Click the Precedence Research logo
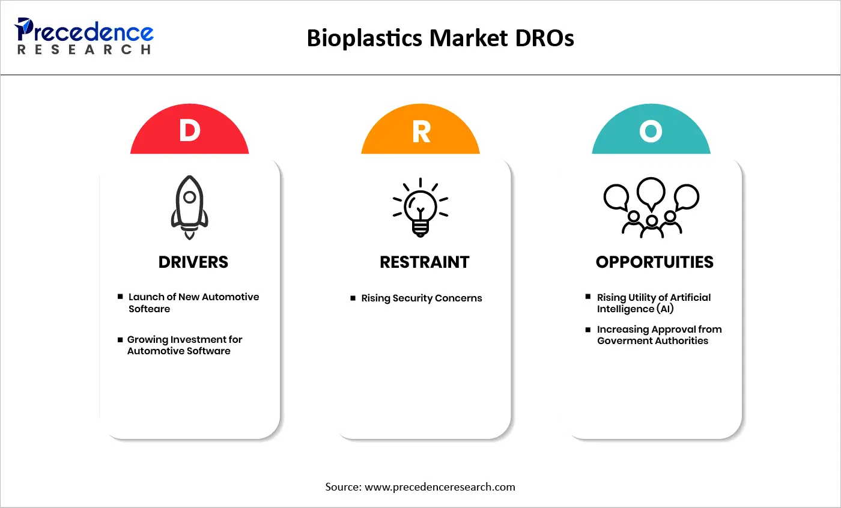click(x=85, y=36)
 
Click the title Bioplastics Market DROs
click(x=440, y=38)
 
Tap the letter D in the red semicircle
click(x=190, y=132)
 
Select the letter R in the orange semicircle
click(x=421, y=132)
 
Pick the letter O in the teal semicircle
click(x=651, y=132)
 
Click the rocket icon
click(x=190, y=208)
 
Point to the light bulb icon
click(x=421, y=208)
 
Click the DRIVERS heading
click(x=193, y=262)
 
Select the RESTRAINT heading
click(x=425, y=262)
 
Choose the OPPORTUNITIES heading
click(x=655, y=262)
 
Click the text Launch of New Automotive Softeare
click(x=193, y=303)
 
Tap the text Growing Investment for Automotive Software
click(x=184, y=345)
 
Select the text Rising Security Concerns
click(x=421, y=298)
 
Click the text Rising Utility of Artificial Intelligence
click(x=654, y=303)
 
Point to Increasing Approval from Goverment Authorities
click(x=659, y=335)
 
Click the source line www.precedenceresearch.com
click(x=421, y=487)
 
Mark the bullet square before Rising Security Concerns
click(x=353, y=298)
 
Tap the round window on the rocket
click(x=190, y=197)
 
